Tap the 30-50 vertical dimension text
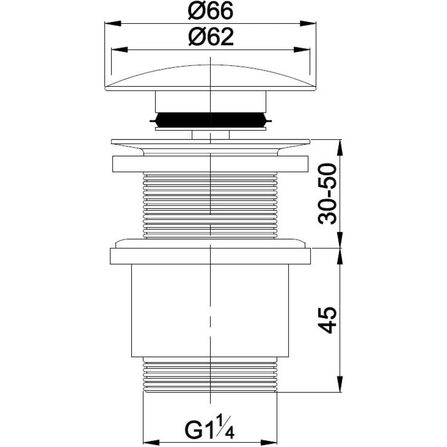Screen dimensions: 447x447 tap(327, 194)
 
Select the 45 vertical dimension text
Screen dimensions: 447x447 tap(327, 320)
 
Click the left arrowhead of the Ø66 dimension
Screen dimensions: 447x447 tap(113, 23)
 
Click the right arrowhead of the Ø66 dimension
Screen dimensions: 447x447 tap(308, 23)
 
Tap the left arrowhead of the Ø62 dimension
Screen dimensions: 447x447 tap(120, 50)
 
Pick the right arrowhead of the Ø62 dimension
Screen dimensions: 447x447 tap(302, 50)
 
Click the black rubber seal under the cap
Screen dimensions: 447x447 tap(210, 120)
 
